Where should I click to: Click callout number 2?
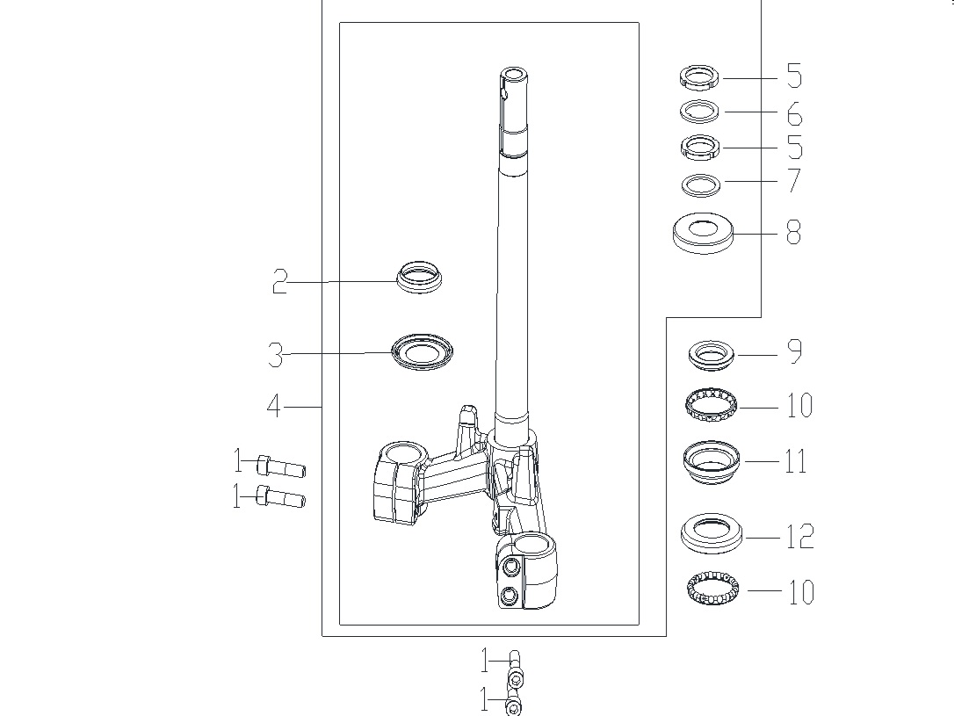click(279, 282)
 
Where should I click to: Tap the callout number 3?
click(276, 354)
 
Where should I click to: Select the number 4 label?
click(274, 406)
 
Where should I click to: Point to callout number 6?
click(795, 113)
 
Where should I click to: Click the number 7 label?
click(795, 181)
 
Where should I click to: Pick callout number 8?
click(794, 233)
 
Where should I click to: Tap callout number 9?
click(795, 351)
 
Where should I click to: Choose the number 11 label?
click(796, 461)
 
